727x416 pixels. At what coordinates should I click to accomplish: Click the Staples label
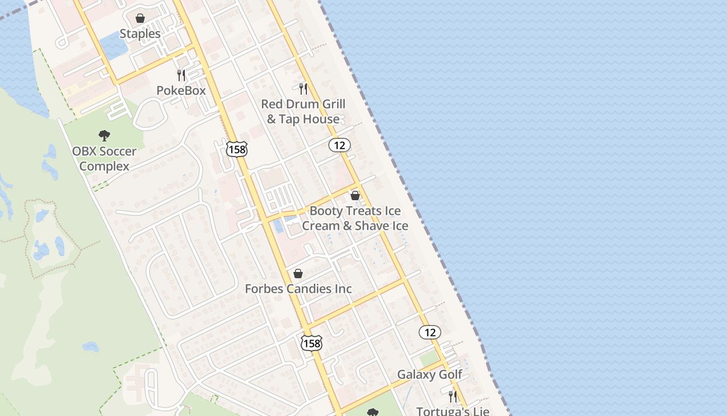click(140, 34)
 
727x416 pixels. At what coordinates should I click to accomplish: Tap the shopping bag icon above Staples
click(140, 19)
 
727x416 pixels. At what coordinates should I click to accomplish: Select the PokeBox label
click(181, 90)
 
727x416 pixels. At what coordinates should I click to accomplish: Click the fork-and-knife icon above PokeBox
click(181, 75)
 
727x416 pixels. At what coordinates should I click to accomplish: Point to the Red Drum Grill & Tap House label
click(303, 112)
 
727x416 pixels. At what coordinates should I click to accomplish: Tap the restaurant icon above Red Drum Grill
click(303, 89)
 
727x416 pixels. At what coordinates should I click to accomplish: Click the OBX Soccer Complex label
click(104, 159)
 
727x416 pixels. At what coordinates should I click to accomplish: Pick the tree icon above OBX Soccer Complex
click(104, 136)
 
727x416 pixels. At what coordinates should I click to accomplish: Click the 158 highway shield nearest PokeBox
click(236, 149)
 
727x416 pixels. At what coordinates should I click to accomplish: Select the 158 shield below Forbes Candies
click(312, 342)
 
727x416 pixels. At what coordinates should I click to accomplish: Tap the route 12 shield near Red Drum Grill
click(340, 145)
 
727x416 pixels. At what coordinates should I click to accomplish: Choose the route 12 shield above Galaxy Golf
click(430, 332)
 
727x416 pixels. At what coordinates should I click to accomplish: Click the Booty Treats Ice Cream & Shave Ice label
click(355, 218)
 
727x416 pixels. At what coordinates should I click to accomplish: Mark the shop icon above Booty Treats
click(355, 196)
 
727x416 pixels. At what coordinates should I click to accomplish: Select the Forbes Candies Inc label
click(299, 289)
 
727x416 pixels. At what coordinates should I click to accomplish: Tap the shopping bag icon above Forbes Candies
click(298, 274)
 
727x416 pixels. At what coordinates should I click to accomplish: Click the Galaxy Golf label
click(429, 375)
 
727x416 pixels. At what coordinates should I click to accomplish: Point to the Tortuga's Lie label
click(453, 411)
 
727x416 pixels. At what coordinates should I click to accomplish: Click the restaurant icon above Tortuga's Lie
click(453, 396)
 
